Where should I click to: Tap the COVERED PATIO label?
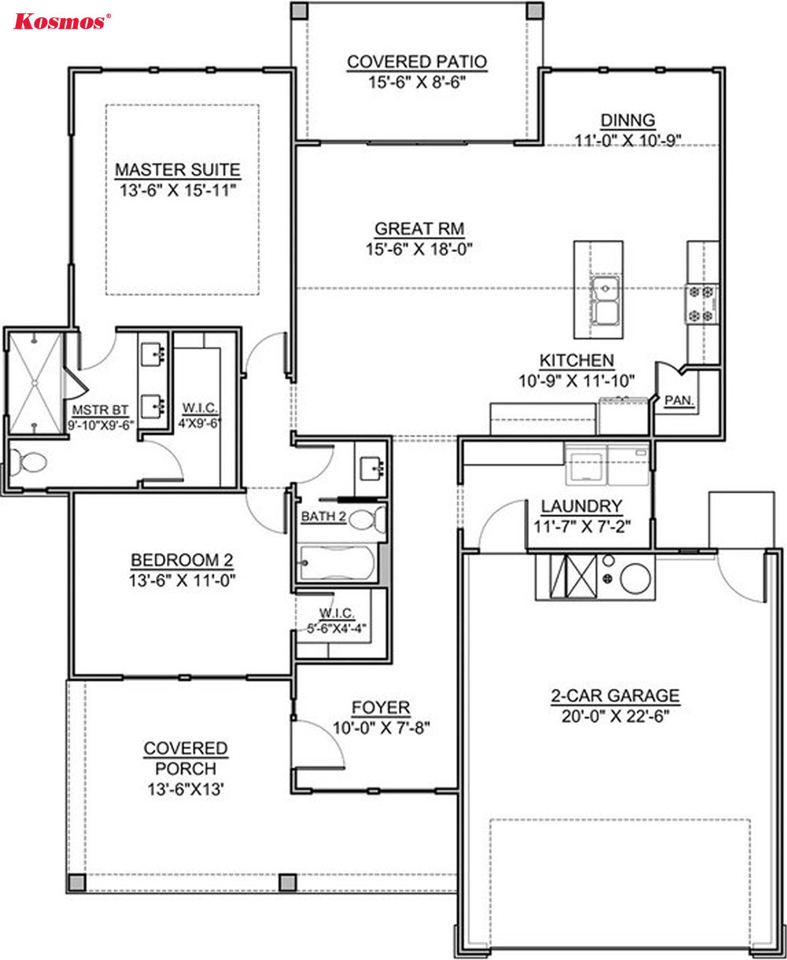coord(416,62)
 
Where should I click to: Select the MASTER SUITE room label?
coord(177,170)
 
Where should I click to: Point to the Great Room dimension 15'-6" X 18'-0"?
coord(419,249)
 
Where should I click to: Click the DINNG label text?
coord(628,120)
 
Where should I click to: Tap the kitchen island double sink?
coord(605,301)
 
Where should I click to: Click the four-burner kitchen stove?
coord(701,304)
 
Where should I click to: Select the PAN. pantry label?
coord(678,401)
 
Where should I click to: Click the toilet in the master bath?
coord(28,462)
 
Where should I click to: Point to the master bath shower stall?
coord(35,383)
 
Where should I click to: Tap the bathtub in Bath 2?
coord(338,562)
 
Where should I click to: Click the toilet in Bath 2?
coord(368,519)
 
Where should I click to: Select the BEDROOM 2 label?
coord(182,560)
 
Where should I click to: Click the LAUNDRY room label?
coord(582,506)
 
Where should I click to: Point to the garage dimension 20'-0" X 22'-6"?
coord(615,716)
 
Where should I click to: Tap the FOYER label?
coord(381,708)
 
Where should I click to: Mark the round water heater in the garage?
coord(635,578)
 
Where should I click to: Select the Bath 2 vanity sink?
coord(371,469)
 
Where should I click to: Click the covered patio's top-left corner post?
coord(299,10)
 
